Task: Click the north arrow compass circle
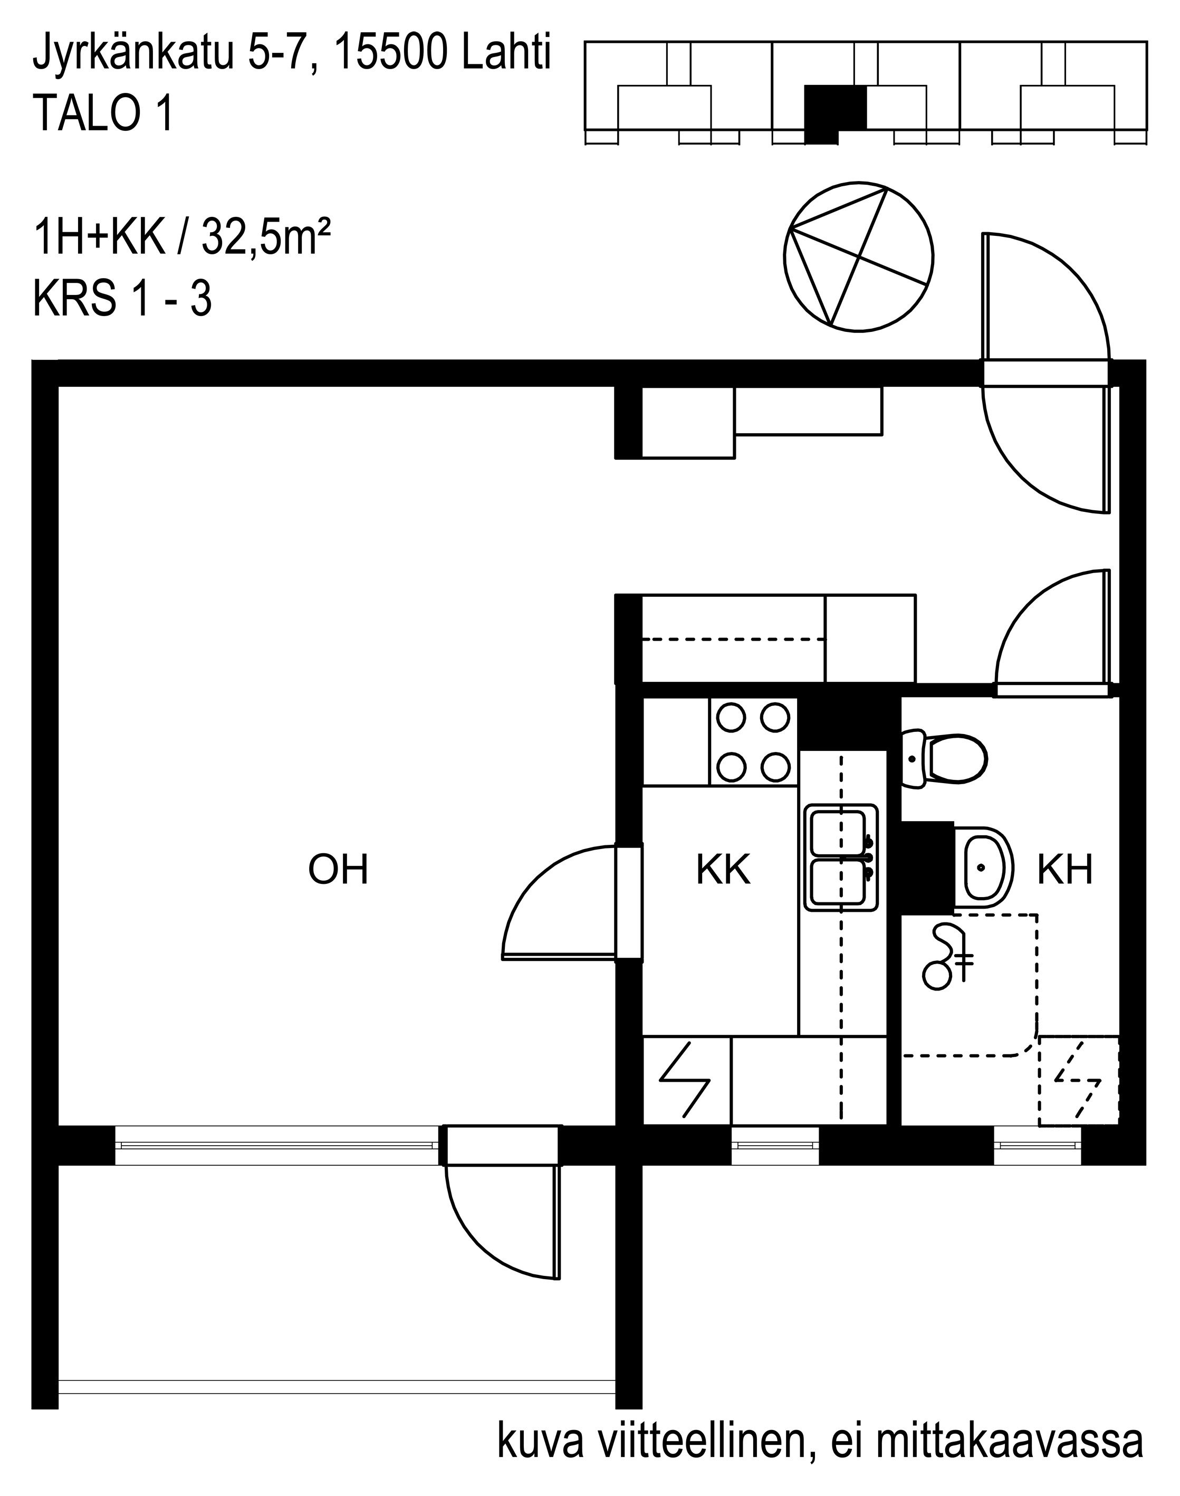tap(858, 256)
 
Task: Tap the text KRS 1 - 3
tap(122, 299)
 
